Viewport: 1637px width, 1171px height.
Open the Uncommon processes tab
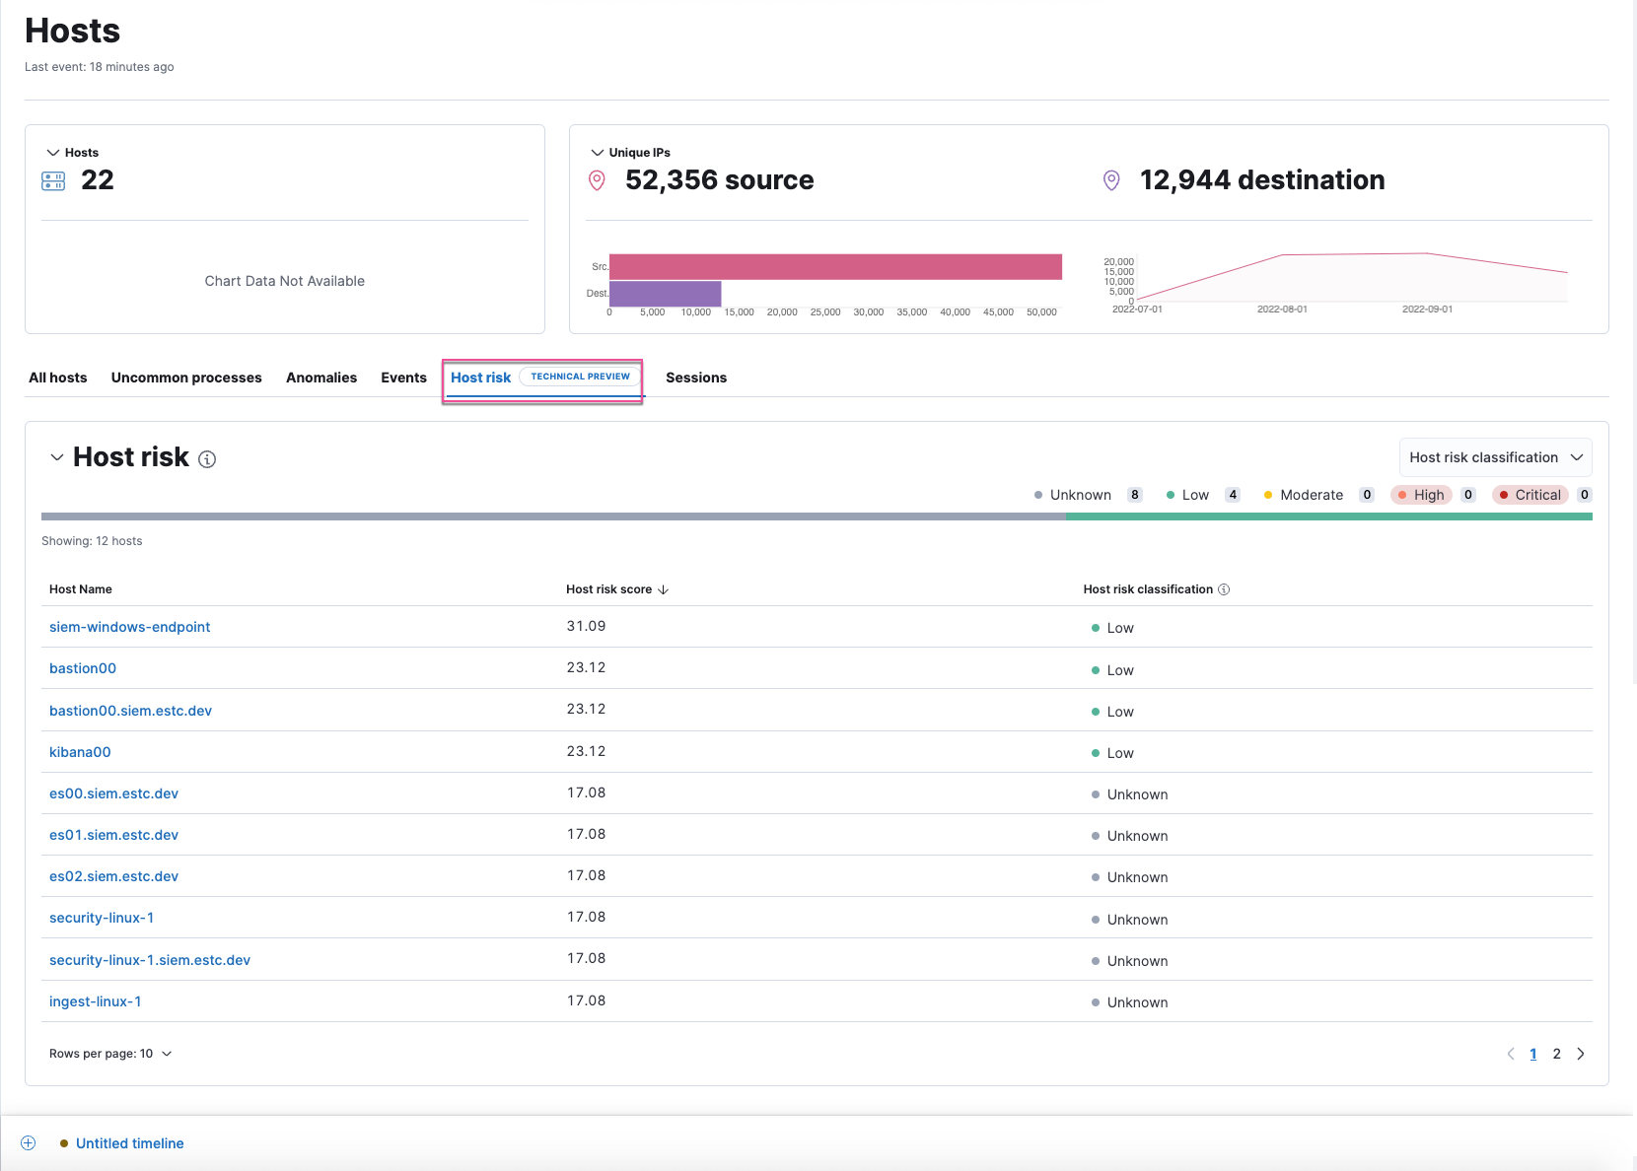coord(186,378)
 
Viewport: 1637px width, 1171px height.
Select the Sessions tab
coord(695,378)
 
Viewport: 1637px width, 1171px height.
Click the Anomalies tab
coord(321,378)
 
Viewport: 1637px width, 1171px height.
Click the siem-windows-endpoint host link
coord(129,627)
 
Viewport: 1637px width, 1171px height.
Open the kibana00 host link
coord(80,752)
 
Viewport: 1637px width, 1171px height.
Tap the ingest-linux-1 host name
coord(95,1001)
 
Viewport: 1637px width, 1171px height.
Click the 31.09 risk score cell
coord(586,626)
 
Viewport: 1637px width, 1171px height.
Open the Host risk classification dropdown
coord(1495,457)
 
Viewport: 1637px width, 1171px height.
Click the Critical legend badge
coord(1530,495)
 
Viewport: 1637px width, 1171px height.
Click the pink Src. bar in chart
coord(835,266)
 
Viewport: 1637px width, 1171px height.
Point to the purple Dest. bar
coord(665,293)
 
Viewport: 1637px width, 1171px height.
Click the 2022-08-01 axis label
coord(1282,310)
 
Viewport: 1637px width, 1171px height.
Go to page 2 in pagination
coord(1556,1054)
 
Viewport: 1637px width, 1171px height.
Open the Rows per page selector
coord(110,1054)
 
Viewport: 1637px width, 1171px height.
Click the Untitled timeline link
coord(129,1143)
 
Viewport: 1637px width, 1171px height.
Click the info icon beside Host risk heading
coord(207,459)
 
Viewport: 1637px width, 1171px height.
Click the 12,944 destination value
coord(1261,180)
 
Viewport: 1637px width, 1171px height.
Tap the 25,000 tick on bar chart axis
coord(825,312)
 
